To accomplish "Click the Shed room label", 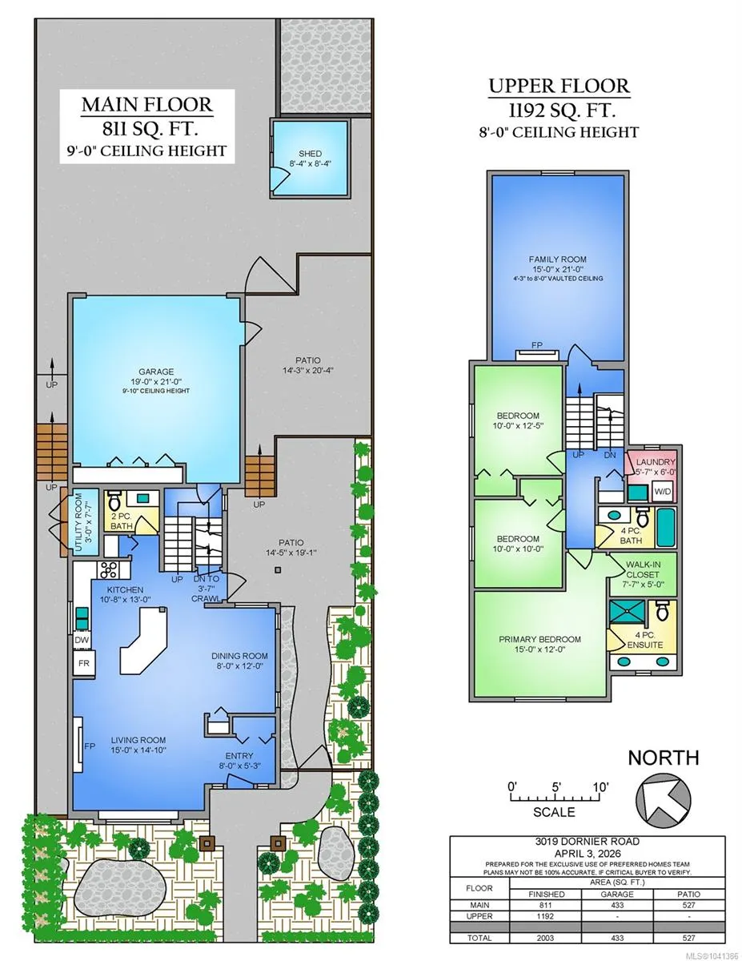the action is coord(310,154).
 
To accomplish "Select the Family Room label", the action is coord(558,259).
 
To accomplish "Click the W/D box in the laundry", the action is coord(662,492).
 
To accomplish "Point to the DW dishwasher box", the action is coord(82,640).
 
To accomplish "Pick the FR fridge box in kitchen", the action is coord(84,663).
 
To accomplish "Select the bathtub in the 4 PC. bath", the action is coord(666,528).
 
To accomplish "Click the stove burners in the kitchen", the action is coord(109,569).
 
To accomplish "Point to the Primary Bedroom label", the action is coord(539,639).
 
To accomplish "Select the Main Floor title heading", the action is coord(147,105).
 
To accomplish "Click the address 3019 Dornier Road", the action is coord(588,842).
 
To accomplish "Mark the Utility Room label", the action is coord(78,522).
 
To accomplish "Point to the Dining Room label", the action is coord(239,655).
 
